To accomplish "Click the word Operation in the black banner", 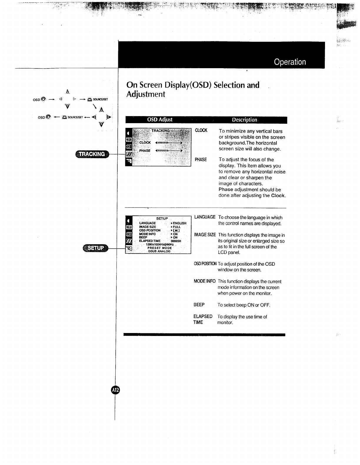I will [290, 62].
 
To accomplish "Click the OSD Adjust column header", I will [159, 120].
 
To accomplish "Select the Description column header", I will [244, 120].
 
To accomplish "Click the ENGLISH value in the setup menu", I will [179, 223].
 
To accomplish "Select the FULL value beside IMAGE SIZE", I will [176, 227].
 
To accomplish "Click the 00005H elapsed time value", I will [176, 241].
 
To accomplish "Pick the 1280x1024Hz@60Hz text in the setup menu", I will [160, 245].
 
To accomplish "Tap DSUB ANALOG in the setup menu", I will [159, 251].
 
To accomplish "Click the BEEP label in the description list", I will [199, 305].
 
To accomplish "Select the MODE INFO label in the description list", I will [204, 281].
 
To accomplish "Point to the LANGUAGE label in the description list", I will [205, 217].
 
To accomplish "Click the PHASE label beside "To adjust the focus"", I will [201, 160].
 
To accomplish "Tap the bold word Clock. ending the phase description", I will [278, 196].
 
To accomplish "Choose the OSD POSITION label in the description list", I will [205, 264].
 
